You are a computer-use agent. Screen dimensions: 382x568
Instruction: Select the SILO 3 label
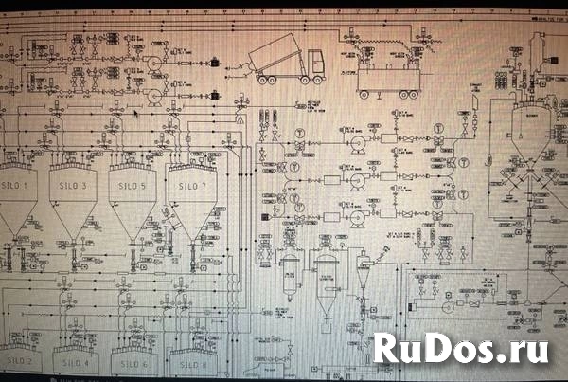[71, 186]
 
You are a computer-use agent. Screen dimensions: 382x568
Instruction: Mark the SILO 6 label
[133, 363]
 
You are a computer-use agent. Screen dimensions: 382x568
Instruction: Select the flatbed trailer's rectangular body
[386, 76]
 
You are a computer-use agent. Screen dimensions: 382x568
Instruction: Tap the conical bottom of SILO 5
[132, 220]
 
